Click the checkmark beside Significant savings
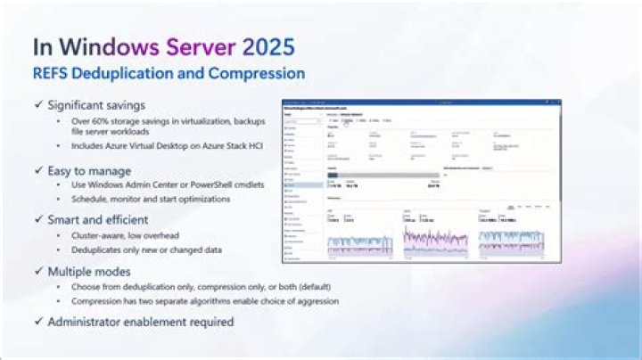(x=37, y=106)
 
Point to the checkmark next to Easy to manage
(x=37, y=170)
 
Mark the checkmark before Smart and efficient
(x=37, y=218)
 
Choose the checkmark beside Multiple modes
(x=37, y=271)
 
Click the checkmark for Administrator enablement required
(x=37, y=322)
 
